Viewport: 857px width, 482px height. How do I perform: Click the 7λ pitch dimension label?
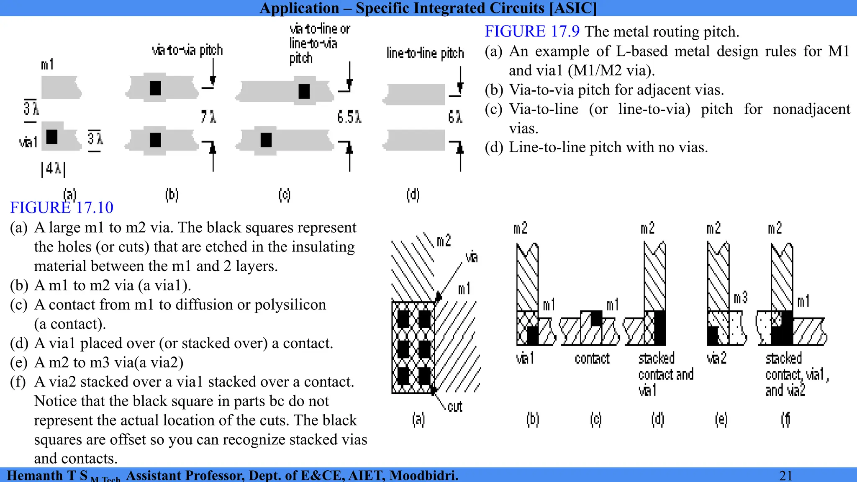tap(208, 117)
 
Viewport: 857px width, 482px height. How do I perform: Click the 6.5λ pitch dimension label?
tap(349, 117)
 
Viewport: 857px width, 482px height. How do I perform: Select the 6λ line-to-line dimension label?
tap(455, 117)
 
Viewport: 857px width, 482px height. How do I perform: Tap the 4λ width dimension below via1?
tap(53, 169)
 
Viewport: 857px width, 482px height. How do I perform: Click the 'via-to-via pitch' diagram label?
tap(187, 50)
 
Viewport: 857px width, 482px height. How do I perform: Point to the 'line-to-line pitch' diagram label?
tap(425, 53)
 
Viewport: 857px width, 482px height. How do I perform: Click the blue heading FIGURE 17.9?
tap(532, 31)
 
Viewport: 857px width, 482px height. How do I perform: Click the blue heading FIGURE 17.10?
tap(62, 208)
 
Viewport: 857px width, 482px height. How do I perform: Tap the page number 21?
tap(785, 475)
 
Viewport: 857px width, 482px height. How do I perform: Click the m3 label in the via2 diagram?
tap(740, 298)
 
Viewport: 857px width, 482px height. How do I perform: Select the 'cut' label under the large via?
tap(454, 407)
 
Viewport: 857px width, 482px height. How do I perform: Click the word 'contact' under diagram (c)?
tap(592, 359)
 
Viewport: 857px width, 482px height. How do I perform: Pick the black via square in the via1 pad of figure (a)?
tap(52, 137)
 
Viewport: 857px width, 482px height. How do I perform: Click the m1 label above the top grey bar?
tap(47, 64)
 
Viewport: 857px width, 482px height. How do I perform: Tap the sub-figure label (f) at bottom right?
tap(785, 419)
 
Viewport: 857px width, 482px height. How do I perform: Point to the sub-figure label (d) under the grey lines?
tap(413, 195)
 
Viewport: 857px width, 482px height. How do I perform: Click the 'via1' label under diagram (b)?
tap(525, 359)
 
